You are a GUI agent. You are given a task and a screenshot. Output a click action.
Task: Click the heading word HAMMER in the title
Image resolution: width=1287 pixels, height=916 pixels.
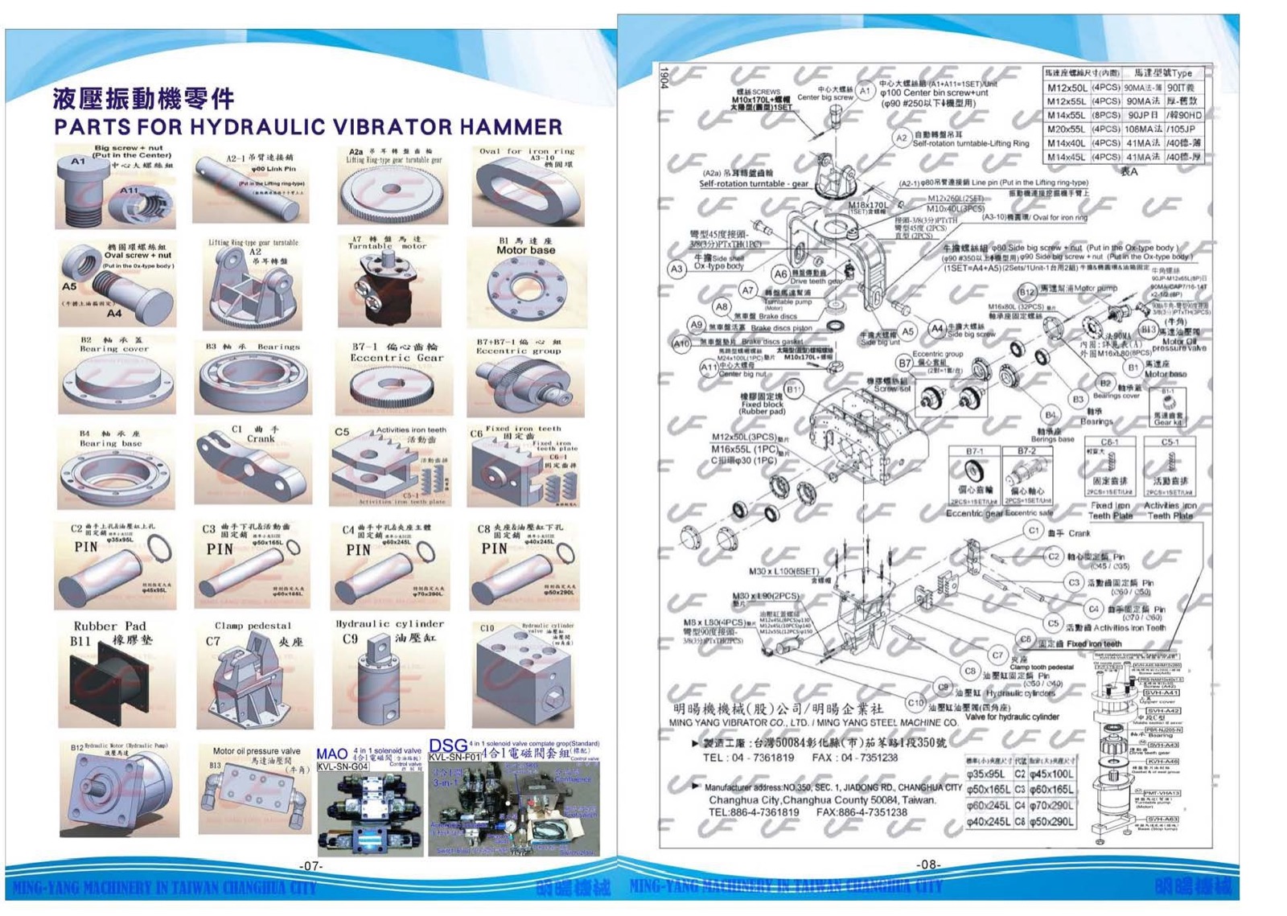[522, 127]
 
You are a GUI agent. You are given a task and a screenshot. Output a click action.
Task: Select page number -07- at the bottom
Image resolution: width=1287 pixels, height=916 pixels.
[310, 866]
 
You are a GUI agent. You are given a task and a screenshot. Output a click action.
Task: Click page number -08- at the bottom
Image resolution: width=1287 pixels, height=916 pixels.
[928, 865]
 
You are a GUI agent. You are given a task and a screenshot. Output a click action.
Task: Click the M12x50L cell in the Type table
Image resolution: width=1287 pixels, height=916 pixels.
[1067, 88]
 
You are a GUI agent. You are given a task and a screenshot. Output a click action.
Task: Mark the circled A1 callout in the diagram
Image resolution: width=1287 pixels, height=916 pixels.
[865, 91]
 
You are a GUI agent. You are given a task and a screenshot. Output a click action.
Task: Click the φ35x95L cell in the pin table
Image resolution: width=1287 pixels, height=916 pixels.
[988, 774]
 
